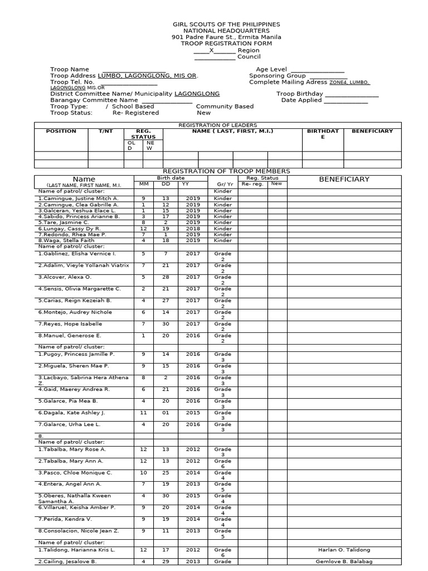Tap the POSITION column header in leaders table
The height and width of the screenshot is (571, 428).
(61, 131)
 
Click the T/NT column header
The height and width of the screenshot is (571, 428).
(105, 131)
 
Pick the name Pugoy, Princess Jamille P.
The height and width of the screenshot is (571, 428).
(76, 354)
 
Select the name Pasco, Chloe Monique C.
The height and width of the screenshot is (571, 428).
(75, 472)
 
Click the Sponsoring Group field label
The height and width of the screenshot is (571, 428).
(277, 76)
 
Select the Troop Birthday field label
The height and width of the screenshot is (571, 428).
(299, 94)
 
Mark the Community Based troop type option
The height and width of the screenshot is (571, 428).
(225, 106)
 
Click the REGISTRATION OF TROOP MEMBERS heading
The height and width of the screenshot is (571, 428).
(226, 171)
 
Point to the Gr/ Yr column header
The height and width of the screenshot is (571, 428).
(223, 183)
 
